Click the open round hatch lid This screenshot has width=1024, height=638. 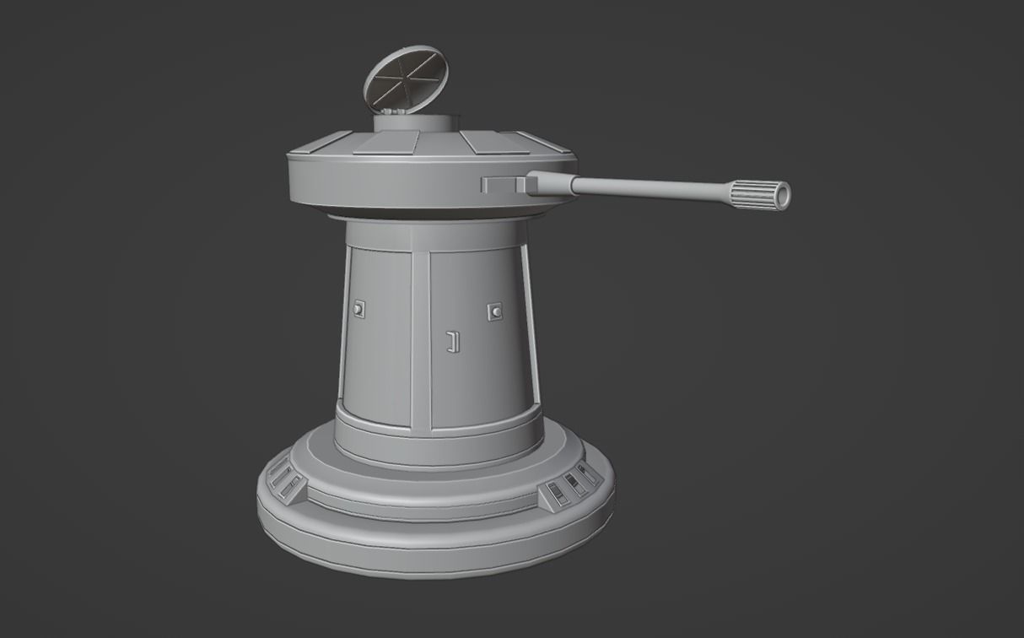point(405,74)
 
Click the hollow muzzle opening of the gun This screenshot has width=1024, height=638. point(783,196)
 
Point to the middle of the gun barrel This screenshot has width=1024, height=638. point(649,187)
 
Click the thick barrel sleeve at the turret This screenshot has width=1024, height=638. point(551,182)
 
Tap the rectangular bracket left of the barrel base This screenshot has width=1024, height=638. point(504,183)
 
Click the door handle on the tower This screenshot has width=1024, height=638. point(452,341)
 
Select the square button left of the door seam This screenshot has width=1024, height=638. point(360,310)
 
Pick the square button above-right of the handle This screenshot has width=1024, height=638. point(495,311)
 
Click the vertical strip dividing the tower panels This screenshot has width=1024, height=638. point(420,338)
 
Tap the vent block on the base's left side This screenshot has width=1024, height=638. point(285,481)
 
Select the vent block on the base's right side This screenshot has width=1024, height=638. point(570,486)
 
